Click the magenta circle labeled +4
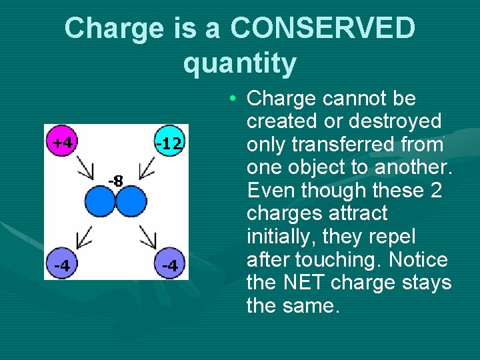(x=63, y=141)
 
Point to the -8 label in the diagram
(x=115, y=181)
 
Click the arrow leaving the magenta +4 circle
(x=85, y=167)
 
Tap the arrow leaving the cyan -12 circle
(x=149, y=167)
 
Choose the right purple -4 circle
(x=170, y=265)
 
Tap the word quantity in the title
(x=239, y=63)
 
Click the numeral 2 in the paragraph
(x=436, y=191)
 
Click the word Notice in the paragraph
(x=419, y=260)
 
